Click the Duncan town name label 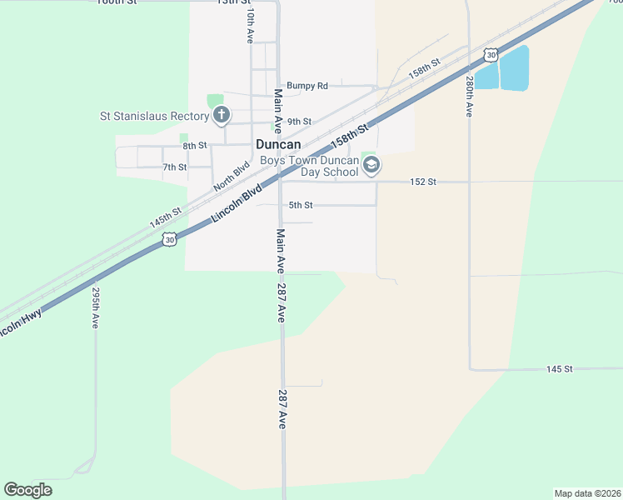[278, 143]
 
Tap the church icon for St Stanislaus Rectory [221, 116]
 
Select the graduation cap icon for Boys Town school [371, 167]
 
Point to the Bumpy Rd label [307, 86]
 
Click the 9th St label [299, 122]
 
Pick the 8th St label [195, 146]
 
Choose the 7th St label [175, 167]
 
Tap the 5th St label [301, 205]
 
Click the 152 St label [423, 182]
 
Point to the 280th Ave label [470, 97]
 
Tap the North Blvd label [232, 175]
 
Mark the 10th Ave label [249, 27]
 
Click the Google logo [27, 490]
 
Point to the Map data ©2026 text [587, 492]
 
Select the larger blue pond [514, 67]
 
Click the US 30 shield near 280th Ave [491, 55]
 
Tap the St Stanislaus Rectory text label [154, 116]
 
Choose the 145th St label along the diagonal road [165, 219]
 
